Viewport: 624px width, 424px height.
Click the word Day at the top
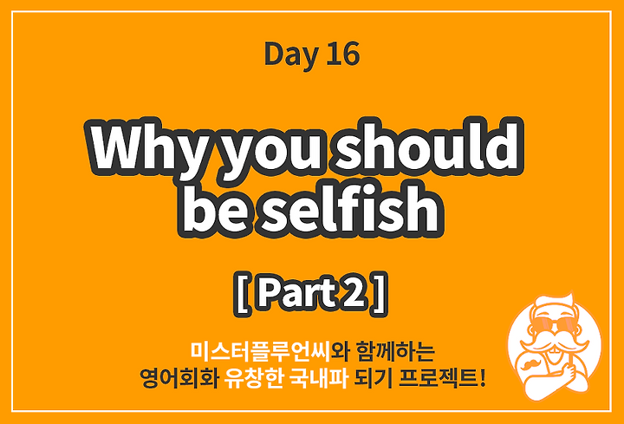pos(291,55)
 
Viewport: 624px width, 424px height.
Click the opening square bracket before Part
pos(241,294)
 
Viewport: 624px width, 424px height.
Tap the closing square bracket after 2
pos(380,294)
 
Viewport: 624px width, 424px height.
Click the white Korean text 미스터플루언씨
pos(260,350)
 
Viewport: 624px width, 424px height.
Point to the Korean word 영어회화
pos(179,378)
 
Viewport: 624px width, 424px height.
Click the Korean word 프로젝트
pos(439,378)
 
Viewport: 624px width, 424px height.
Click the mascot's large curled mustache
pos(555,345)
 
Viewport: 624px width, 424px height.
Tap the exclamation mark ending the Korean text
pos(483,378)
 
